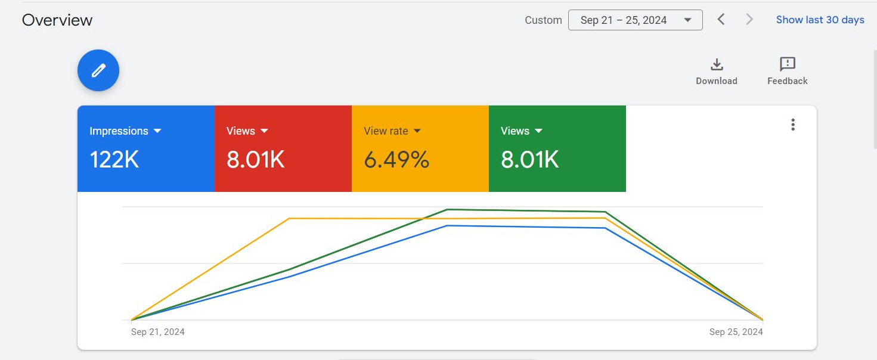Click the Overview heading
tap(57, 20)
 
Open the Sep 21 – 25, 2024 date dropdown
tap(635, 20)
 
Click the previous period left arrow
tap(721, 20)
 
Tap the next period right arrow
tap(749, 20)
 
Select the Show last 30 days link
tap(820, 20)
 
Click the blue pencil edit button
tap(98, 70)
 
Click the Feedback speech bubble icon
tap(788, 64)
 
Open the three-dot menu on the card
tap(793, 125)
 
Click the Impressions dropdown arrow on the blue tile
tap(157, 131)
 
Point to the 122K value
tap(114, 160)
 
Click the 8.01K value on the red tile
tap(255, 160)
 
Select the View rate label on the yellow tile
tap(386, 131)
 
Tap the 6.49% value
tap(396, 160)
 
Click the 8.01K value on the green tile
tap(529, 160)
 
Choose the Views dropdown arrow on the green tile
tap(539, 131)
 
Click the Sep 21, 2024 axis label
tap(158, 332)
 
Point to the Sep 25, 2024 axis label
tap(736, 332)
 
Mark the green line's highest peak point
tap(447, 210)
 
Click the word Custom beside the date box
tap(543, 20)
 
